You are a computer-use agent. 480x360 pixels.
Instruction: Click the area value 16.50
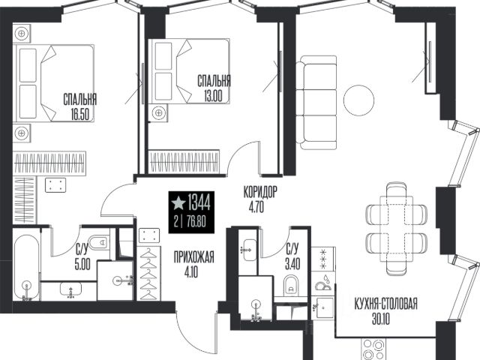[79, 115]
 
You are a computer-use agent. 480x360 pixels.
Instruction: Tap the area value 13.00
[213, 97]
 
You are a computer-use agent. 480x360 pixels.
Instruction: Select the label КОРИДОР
[260, 192]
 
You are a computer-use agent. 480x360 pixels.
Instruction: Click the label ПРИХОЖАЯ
[194, 257]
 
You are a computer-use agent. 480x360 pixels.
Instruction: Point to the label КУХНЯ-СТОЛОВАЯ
[385, 304]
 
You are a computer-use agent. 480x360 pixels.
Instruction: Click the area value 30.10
[381, 319]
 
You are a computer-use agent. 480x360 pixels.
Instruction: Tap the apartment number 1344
[199, 202]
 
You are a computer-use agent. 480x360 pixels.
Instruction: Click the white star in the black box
[178, 203]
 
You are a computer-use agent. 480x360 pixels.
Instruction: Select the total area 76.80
[196, 222]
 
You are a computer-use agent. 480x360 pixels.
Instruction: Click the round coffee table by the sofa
[358, 100]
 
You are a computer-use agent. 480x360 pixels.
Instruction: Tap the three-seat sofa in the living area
[316, 102]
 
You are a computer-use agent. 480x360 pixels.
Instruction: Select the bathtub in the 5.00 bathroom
[26, 268]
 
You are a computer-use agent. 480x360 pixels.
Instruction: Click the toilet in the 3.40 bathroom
[291, 285]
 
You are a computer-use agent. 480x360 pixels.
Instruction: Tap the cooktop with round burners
[373, 349]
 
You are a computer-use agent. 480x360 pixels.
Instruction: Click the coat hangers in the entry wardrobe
[148, 273]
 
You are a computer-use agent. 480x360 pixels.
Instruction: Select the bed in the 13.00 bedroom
[188, 71]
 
